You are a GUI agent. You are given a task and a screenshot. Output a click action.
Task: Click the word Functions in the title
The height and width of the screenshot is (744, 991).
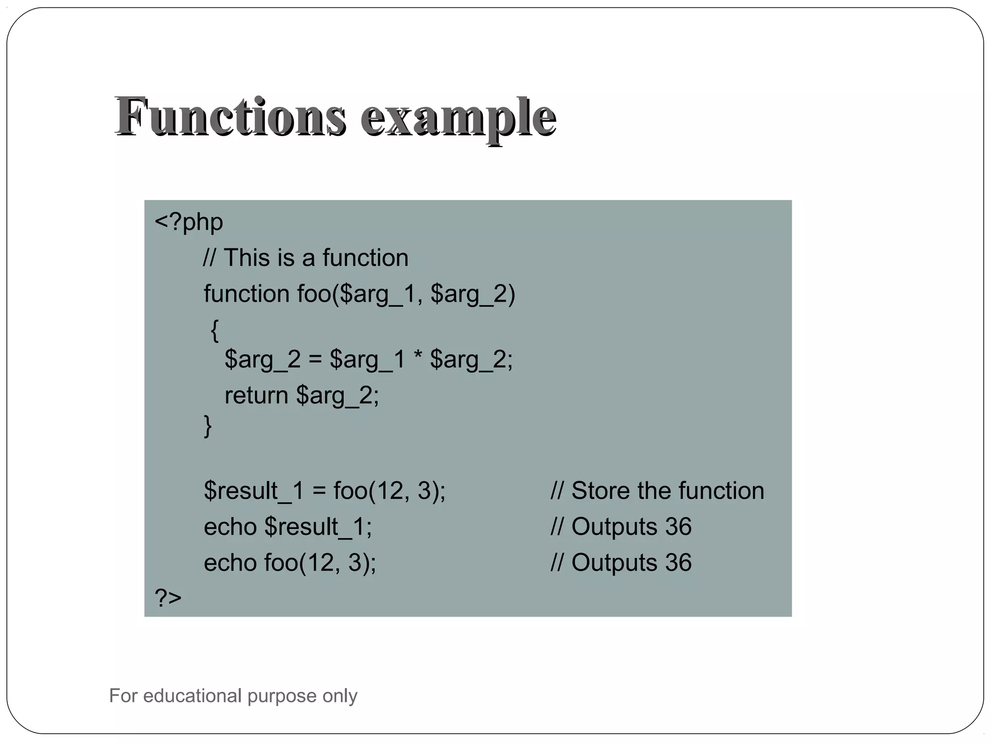point(231,116)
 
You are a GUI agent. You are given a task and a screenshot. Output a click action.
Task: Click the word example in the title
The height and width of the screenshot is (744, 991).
point(458,118)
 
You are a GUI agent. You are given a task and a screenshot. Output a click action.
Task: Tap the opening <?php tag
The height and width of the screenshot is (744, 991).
point(189,222)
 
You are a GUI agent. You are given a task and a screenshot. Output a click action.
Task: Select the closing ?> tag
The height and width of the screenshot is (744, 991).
point(168,597)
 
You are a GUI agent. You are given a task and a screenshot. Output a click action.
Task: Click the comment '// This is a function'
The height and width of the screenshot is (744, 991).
point(306,258)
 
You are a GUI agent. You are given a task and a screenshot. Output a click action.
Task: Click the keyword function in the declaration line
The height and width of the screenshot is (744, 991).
point(246,294)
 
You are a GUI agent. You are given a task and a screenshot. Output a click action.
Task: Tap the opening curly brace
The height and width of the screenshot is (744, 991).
point(215,330)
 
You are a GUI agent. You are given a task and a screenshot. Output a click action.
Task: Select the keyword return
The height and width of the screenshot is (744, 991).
point(256,395)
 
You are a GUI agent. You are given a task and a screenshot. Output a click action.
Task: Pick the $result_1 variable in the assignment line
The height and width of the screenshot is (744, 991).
point(254,491)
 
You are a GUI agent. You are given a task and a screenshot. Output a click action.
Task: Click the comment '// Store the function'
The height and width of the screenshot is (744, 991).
point(657,491)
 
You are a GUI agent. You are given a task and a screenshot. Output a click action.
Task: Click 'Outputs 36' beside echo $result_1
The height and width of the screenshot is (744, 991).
point(631,527)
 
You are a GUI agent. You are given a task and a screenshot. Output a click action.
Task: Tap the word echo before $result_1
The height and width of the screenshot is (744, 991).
point(230,527)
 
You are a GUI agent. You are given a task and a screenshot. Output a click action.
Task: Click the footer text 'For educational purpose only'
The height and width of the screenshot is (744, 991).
point(233,696)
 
